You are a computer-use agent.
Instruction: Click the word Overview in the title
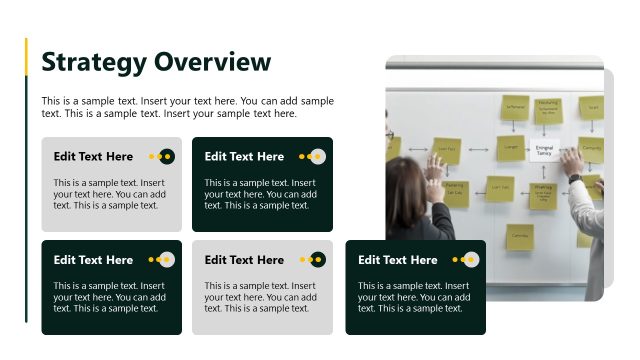(212, 62)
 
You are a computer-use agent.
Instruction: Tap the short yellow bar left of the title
(26, 58)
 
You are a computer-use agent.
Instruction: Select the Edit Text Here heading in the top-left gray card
(93, 156)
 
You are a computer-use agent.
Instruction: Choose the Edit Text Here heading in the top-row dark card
(244, 156)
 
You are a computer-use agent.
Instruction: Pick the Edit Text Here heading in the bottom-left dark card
(93, 260)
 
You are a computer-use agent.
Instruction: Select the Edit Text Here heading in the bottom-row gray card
(244, 260)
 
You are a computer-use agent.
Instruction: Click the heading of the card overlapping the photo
(398, 260)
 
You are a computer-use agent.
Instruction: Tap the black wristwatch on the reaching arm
(575, 179)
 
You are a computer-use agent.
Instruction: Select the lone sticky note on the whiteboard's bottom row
(519, 236)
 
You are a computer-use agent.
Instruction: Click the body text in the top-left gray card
(110, 194)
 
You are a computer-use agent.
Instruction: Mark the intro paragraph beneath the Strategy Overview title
(188, 107)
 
